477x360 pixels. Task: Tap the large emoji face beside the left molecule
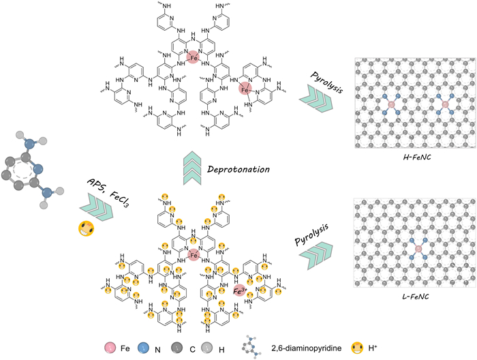pyautogui.click(x=84, y=228)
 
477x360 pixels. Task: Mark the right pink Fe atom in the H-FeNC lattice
pyautogui.click(x=445, y=104)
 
